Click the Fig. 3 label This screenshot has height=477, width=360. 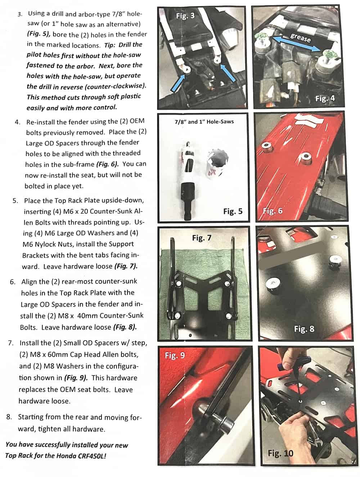click(185, 16)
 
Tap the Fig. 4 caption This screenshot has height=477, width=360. click(325, 99)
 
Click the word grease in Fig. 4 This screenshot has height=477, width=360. click(300, 38)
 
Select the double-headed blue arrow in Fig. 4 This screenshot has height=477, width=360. click(297, 44)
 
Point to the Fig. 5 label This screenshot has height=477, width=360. click(233, 211)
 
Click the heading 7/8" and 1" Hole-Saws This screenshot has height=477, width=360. click(204, 122)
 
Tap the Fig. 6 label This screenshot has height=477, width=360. click(273, 210)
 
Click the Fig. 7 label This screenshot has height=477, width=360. click(202, 238)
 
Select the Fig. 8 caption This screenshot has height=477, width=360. click(304, 329)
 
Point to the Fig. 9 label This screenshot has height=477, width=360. click(175, 355)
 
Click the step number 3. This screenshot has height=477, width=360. click(20, 14)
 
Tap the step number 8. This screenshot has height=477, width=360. click(9, 417)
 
